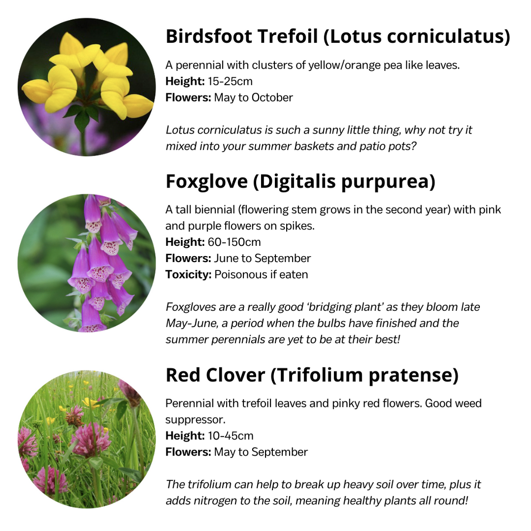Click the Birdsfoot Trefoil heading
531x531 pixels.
[337, 36]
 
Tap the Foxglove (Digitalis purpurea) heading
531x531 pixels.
[300, 182]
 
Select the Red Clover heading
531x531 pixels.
[312, 375]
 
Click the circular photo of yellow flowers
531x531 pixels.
[87, 87]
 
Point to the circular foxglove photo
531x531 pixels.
[87, 263]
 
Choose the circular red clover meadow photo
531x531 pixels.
[87, 439]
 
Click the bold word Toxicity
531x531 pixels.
[188, 274]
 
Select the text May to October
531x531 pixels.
[253, 98]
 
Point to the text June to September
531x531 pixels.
[262, 259]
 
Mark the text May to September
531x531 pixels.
[261, 452]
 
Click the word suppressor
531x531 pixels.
[191, 420]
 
